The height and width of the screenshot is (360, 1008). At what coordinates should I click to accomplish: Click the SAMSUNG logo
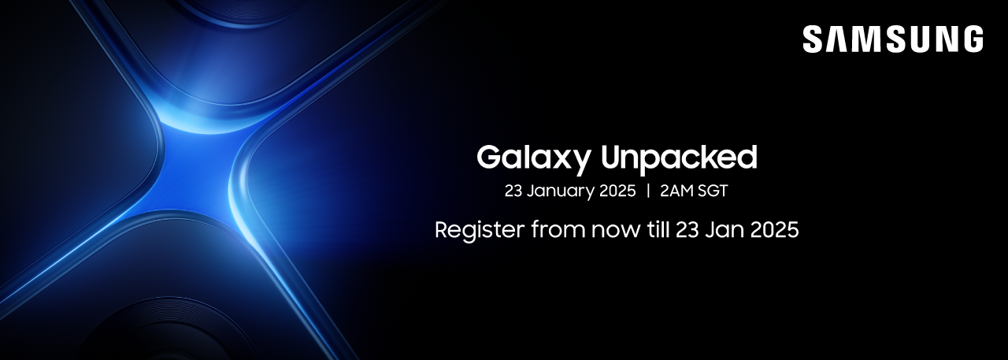[x=893, y=39]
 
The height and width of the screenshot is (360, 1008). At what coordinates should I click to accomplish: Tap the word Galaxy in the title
[x=533, y=159]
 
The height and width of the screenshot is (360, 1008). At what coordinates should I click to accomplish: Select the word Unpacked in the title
[x=679, y=159]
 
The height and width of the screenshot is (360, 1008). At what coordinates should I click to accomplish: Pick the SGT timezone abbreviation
[x=713, y=191]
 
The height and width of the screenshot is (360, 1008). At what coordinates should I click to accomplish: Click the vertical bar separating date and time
[x=648, y=191]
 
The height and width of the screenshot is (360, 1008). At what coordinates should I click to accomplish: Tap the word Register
[x=480, y=230]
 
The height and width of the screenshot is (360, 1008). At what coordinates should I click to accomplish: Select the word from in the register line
[x=558, y=229]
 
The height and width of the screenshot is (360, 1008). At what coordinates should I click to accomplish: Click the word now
[x=616, y=232]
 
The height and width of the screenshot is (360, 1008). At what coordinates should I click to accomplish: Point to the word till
[x=658, y=229]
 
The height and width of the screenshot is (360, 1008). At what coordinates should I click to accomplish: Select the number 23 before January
[x=513, y=191]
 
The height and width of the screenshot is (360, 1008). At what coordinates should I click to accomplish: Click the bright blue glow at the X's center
[x=198, y=171]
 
